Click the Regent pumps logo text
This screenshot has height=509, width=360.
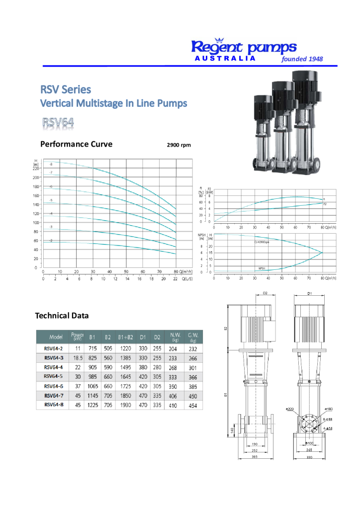pyautogui.click(x=244, y=47)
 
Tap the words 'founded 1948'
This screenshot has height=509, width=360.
pyautogui.click(x=302, y=59)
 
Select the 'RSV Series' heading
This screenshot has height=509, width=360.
pyautogui.click(x=66, y=89)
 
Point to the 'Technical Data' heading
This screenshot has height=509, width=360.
pyautogui.click(x=62, y=315)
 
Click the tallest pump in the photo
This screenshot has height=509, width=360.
pyautogui.click(x=306, y=124)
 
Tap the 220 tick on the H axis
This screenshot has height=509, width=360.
pyautogui.click(x=36, y=168)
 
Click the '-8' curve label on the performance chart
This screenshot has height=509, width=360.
pyautogui.click(x=51, y=164)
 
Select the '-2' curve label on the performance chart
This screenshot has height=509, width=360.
pyautogui.click(x=51, y=241)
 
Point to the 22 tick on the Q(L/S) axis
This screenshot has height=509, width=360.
pyautogui.click(x=176, y=279)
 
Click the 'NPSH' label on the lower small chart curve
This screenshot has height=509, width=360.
pyautogui.click(x=262, y=268)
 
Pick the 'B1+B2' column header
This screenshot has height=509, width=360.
pyautogui.click(x=124, y=338)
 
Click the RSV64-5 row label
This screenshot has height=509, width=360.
pyautogui.click(x=53, y=377)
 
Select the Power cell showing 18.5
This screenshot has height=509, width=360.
pyautogui.click(x=78, y=358)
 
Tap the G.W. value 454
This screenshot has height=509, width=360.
pyautogui.click(x=192, y=406)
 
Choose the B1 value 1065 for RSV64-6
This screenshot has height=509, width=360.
pyautogui.click(x=92, y=386)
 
